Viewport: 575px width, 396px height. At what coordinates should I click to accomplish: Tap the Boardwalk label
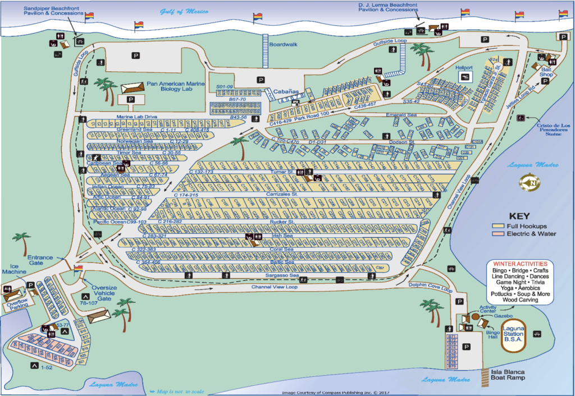[x=284, y=44]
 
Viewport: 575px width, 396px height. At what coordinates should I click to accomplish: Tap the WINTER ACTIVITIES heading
[x=520, y=263]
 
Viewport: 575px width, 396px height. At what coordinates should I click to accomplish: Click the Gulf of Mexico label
[x=184, y=11]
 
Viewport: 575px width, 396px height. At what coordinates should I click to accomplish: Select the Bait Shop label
[x=547, y=71]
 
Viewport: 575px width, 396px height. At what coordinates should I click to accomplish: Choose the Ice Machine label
[x=18, y=269]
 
